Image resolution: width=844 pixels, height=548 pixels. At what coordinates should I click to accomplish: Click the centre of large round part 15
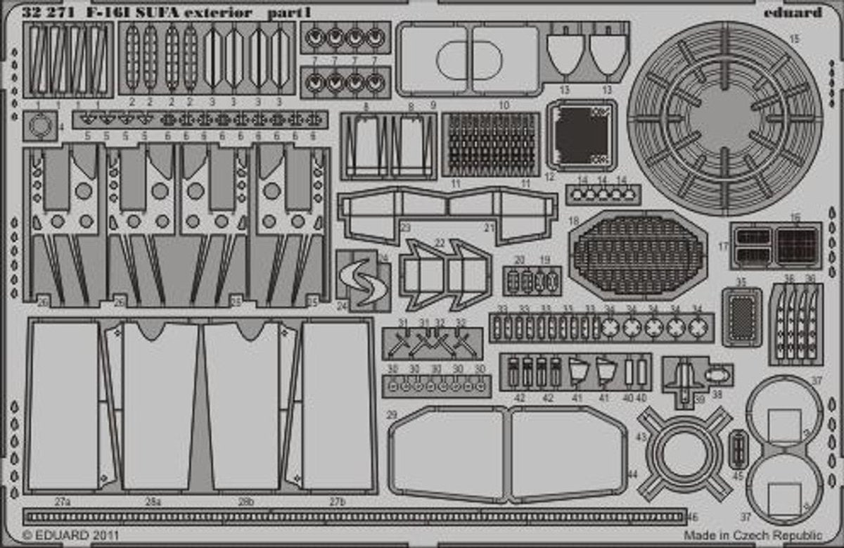[724, 118]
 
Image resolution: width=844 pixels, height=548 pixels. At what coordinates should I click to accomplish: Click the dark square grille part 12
[581, 134]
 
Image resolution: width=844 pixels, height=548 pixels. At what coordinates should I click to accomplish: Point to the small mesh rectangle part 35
[741, 316]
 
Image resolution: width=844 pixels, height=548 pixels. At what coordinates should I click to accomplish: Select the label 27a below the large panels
[62, 502]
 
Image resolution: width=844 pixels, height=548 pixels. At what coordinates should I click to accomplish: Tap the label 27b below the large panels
[338, 502]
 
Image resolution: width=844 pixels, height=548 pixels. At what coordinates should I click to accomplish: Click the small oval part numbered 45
[737, 449]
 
